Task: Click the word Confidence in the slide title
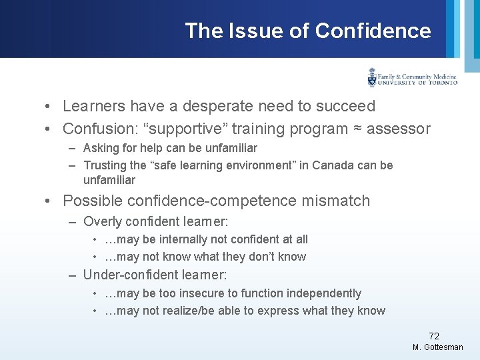tap(373, 31)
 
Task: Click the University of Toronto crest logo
tap(372, 77)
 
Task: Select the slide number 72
tap(433, 336)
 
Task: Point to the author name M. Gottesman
tap(437, 348)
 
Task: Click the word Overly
tap(101, 221)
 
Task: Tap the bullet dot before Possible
tap(51, 201)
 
